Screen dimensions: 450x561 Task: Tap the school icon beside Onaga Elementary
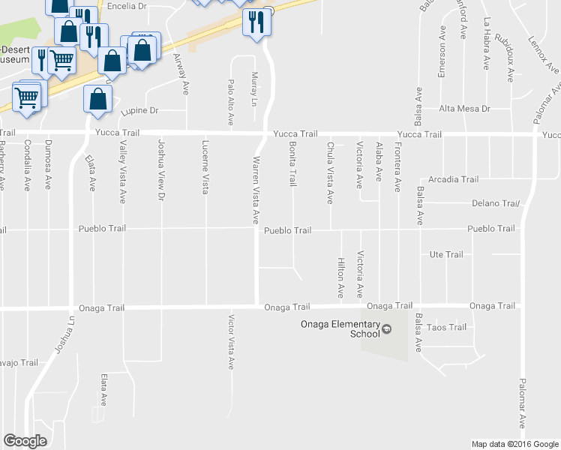click(x=387, y=328)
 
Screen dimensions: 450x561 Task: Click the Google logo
click(x=25, y=440)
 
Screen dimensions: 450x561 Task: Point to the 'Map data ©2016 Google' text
click(x=514, y=444)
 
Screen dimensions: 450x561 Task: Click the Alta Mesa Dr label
click(x=464, y=109)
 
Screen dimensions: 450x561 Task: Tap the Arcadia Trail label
click(x=454, y=179)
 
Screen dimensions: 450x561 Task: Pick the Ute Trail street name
click(x=446, y=255)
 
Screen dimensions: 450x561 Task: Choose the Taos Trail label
click(x=446, y=327)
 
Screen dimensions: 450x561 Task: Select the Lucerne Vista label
click(x=205, y=166)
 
